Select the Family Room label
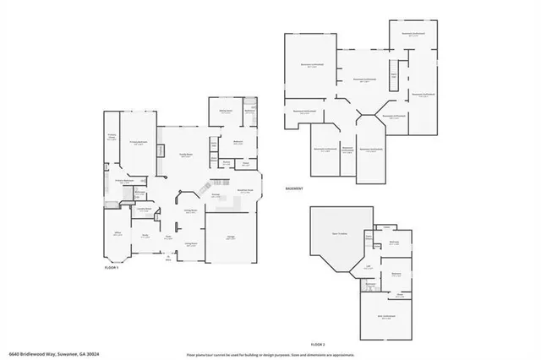185,155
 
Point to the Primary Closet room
112,139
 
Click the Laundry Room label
146,210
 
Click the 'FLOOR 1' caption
112,266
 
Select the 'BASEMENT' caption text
294,188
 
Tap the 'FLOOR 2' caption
318,345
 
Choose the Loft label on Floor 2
369,268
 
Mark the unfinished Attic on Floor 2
386,319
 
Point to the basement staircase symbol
393,79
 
